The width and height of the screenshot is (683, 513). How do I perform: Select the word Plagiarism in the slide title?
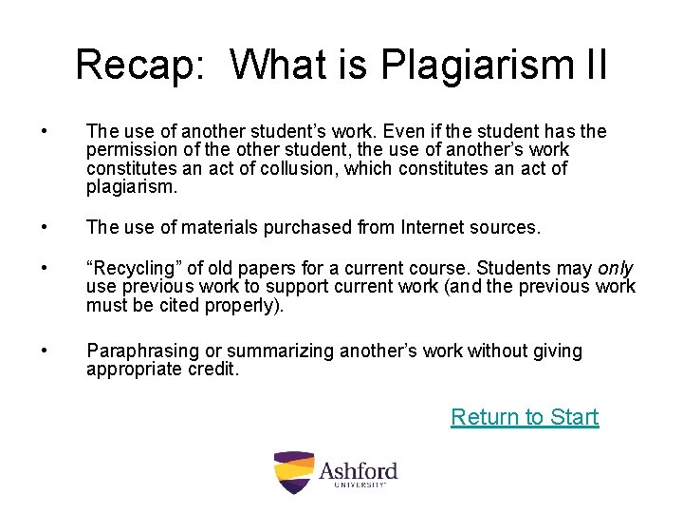[471, 65]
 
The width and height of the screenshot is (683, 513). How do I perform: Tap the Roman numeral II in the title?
[590, 65]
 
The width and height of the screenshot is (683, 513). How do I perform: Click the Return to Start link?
[525, 417]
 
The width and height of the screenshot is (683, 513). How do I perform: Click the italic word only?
[616, 269]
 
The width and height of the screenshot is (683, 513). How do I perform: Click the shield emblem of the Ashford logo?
[293, 471]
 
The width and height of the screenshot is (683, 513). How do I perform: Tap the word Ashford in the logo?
[358, 469]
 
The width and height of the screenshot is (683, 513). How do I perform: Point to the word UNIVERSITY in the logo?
[360, 485]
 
